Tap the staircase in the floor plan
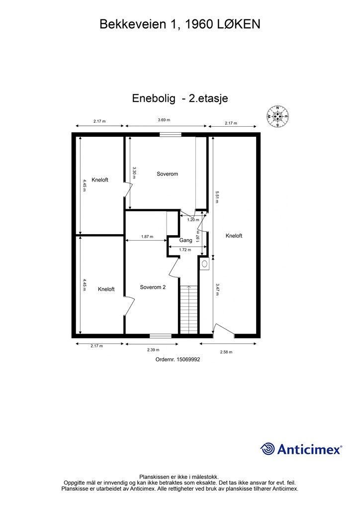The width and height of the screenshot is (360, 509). pos(188,309)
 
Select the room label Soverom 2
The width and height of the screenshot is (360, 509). pos(153,287)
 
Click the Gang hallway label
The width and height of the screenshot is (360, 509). pos(186,240)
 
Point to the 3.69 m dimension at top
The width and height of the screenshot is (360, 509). pos(164,120)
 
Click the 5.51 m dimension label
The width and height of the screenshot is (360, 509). pos(217,196)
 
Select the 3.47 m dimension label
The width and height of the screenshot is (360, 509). pos(217,289)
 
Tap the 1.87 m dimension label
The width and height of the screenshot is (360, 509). pos(147,237)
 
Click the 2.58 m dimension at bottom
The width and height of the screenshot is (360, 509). pos(226,351)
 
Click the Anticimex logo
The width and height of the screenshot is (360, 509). pos(301,449)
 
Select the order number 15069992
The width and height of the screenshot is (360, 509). pos(178,359)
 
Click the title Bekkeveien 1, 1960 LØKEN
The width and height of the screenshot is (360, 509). pos(180,24)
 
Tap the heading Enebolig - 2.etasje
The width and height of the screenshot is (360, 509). pos(180,98)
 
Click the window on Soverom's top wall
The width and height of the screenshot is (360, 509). pos(171,134)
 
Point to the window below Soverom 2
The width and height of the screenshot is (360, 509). pos(161,336)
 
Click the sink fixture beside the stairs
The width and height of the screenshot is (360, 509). pos(204,263)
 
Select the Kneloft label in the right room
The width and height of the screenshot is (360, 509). pos(234,236)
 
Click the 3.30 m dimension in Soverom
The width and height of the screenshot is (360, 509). pos(134,172)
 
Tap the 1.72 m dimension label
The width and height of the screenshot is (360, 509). pos(185,250)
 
